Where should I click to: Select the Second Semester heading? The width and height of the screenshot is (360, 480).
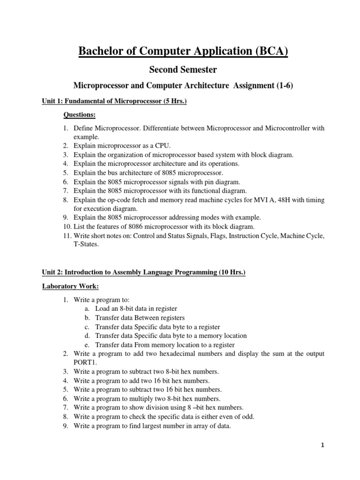pyautogui.click(x=183, y=69)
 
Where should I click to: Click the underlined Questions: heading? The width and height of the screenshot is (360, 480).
pyautogui.click(x=80, y=115)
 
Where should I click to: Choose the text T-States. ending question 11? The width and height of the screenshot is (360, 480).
pyautogui.click(x=86, y=244)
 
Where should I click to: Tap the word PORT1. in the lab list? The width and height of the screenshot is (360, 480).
pyautogui.click(x=85, y=362)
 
